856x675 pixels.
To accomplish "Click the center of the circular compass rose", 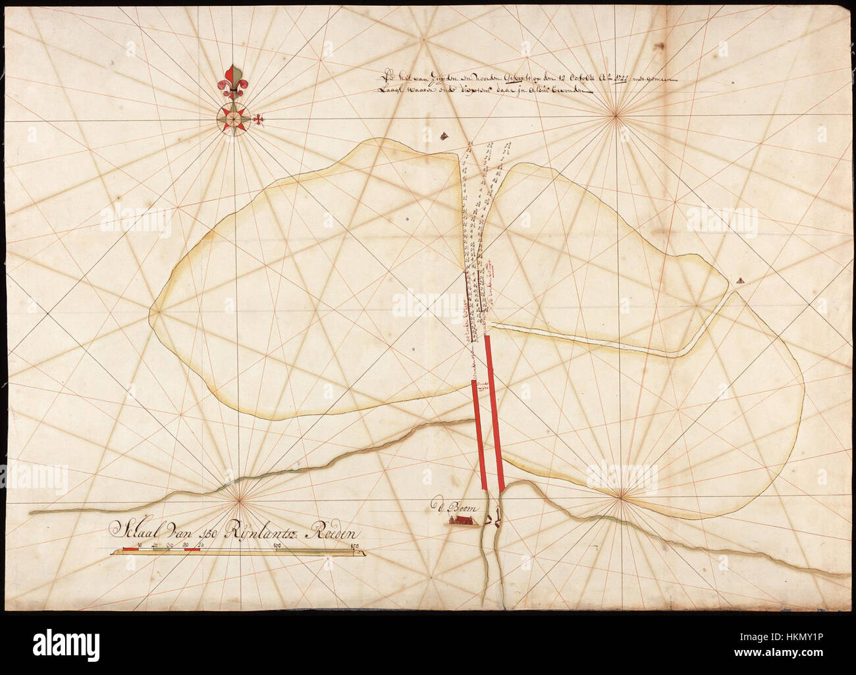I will pyautogui.click(x=234, y=118).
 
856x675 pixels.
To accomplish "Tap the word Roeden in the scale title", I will pyautogui.click(x=329, y=528).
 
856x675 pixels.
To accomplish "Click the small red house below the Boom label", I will pyautogui.click(x=461, y=521).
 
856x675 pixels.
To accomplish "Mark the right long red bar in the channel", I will pyautogui.click(x=495, y=415).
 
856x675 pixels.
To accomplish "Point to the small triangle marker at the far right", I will pyautogui.click(x=741, y=279).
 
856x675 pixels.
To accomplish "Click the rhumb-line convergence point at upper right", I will pyautogui.click(x=617, y=116).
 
